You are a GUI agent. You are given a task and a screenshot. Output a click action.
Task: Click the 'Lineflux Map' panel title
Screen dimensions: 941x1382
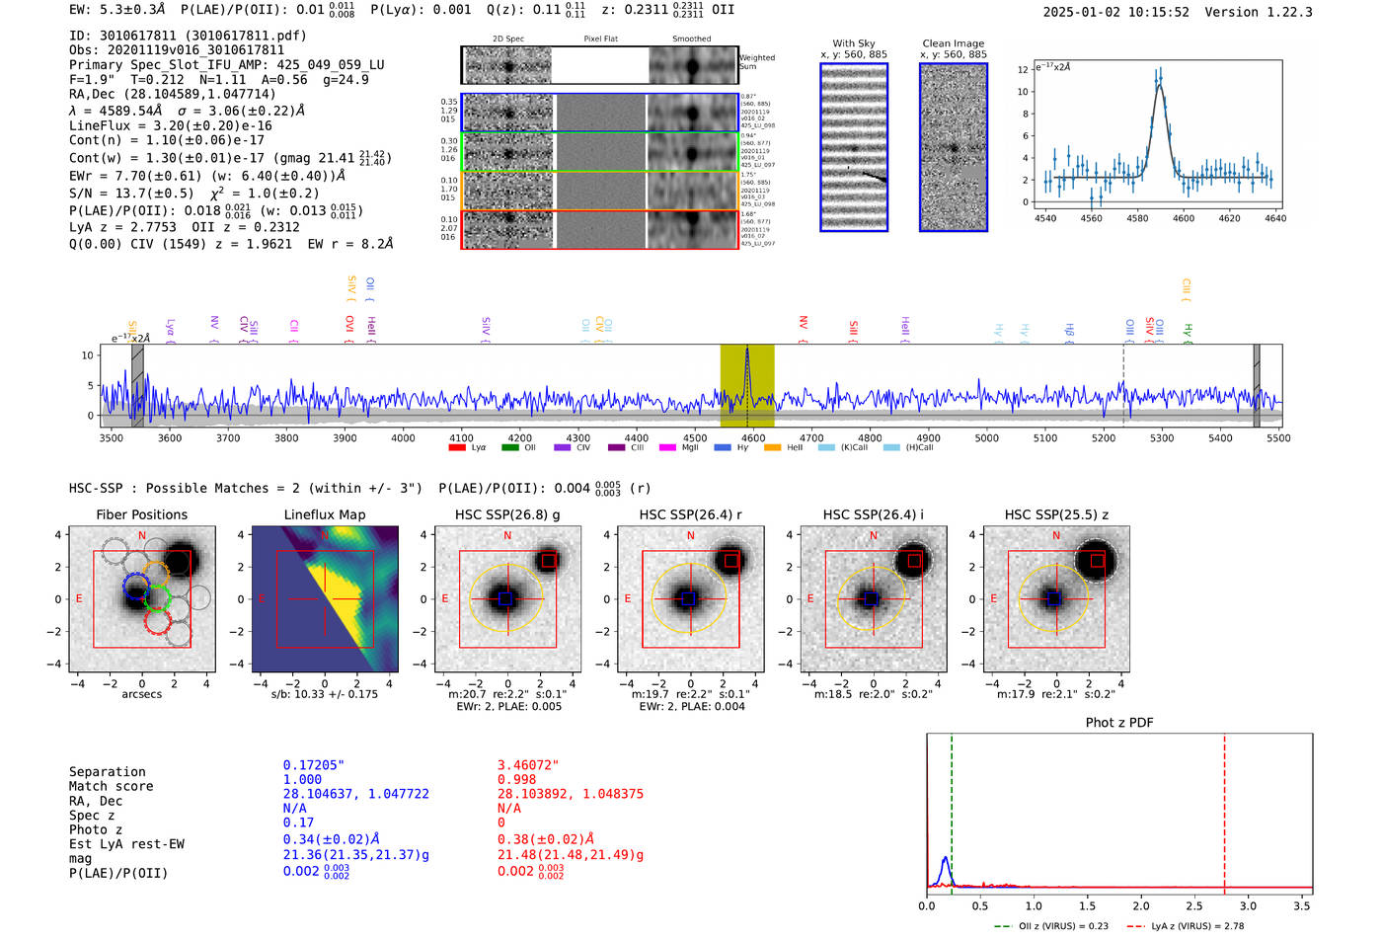[324, 514]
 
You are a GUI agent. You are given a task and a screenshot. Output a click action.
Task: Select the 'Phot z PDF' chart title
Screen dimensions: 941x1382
[1118, 722]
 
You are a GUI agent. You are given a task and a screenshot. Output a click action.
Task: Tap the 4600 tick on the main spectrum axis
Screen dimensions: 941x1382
[753, 437]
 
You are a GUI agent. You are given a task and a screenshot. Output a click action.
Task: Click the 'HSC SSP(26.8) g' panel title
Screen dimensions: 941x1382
[506, 514]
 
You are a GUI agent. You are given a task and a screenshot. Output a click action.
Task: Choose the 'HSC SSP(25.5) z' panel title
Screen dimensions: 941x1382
[1056, 514]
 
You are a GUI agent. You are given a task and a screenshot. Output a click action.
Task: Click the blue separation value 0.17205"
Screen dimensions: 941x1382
[313, 765]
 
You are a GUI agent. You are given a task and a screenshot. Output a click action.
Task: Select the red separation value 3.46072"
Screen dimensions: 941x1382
[528, 765]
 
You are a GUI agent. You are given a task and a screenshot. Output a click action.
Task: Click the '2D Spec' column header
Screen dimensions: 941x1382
[507, 39]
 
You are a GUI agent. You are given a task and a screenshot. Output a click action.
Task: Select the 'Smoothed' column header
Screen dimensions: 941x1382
[691, 39]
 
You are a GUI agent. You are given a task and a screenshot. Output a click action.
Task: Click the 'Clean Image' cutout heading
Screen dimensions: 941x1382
[953, 43]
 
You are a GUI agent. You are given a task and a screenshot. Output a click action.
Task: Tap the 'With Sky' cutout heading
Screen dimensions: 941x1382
[853, 43]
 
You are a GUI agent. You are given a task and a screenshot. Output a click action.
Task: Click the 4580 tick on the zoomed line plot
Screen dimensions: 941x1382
[1137, 218]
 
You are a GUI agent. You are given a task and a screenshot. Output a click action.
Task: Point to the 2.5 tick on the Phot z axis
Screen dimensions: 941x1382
[1194, 905]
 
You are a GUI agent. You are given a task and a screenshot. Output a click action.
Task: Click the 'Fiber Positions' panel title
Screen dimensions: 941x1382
[141, 514]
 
